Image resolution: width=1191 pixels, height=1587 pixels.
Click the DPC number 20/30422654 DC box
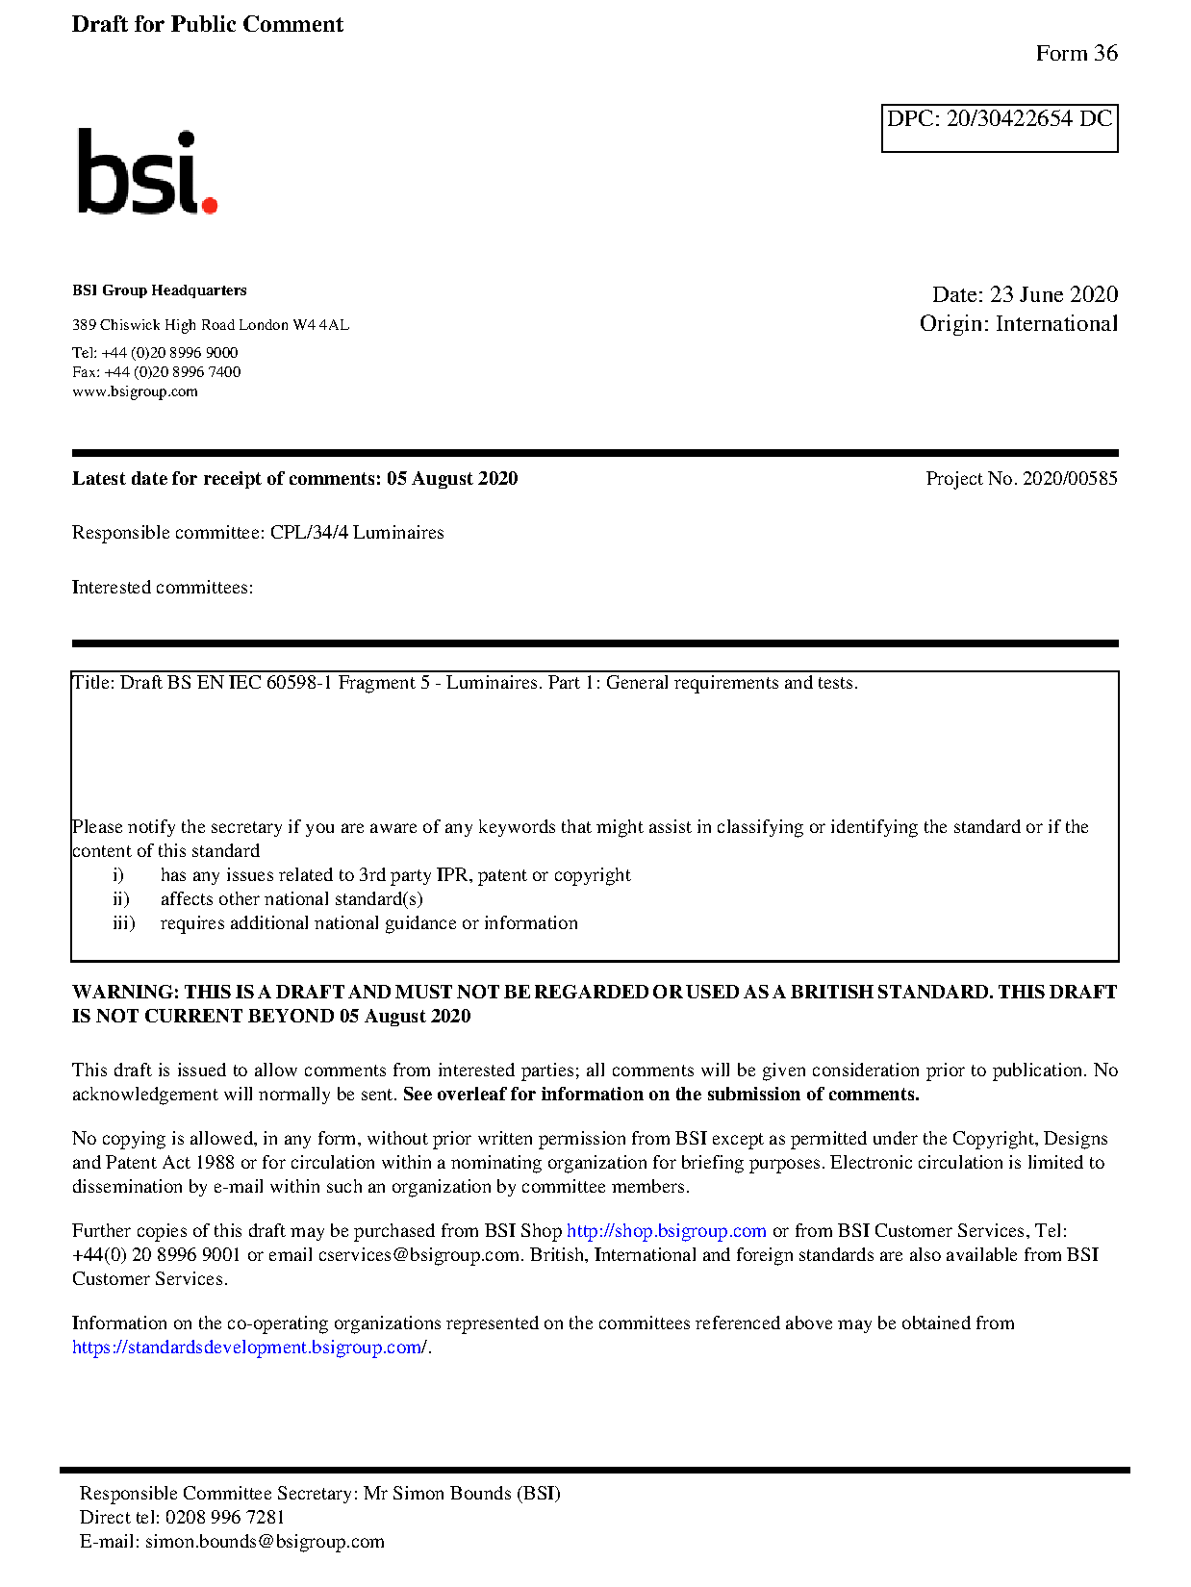999,127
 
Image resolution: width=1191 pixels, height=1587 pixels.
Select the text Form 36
1076,54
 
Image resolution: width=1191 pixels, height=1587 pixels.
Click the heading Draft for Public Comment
207,24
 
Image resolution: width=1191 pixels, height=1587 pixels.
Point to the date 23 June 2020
1053,294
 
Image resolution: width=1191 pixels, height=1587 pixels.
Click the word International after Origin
1056,324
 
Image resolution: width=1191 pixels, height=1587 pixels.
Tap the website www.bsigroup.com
135,391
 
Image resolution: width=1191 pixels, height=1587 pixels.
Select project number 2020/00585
1069,479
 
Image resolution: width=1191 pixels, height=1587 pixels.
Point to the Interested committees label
162,588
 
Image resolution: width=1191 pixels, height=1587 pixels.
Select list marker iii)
123,923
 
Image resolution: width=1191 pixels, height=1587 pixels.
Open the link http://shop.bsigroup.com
666,1231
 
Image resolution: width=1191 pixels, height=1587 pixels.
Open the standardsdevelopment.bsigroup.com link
248,1348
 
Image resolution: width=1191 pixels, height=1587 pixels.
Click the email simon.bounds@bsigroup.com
265,1542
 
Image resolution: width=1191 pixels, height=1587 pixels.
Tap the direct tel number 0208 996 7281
225,1518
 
